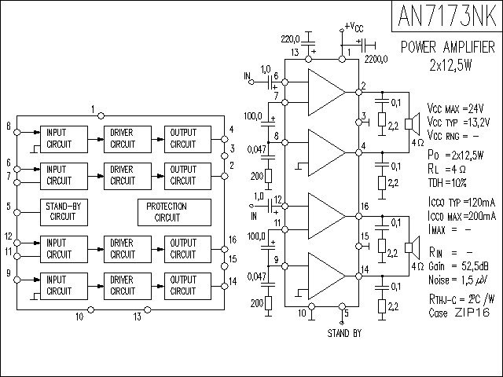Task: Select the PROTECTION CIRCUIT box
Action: tap(173, 211)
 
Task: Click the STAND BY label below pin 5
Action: tap(344, 333)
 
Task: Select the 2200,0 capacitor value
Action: tap(377, 57)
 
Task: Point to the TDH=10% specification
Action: tap(447, 182)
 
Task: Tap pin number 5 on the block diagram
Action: tap(8, 207)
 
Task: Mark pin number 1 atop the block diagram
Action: tap(92, 108)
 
